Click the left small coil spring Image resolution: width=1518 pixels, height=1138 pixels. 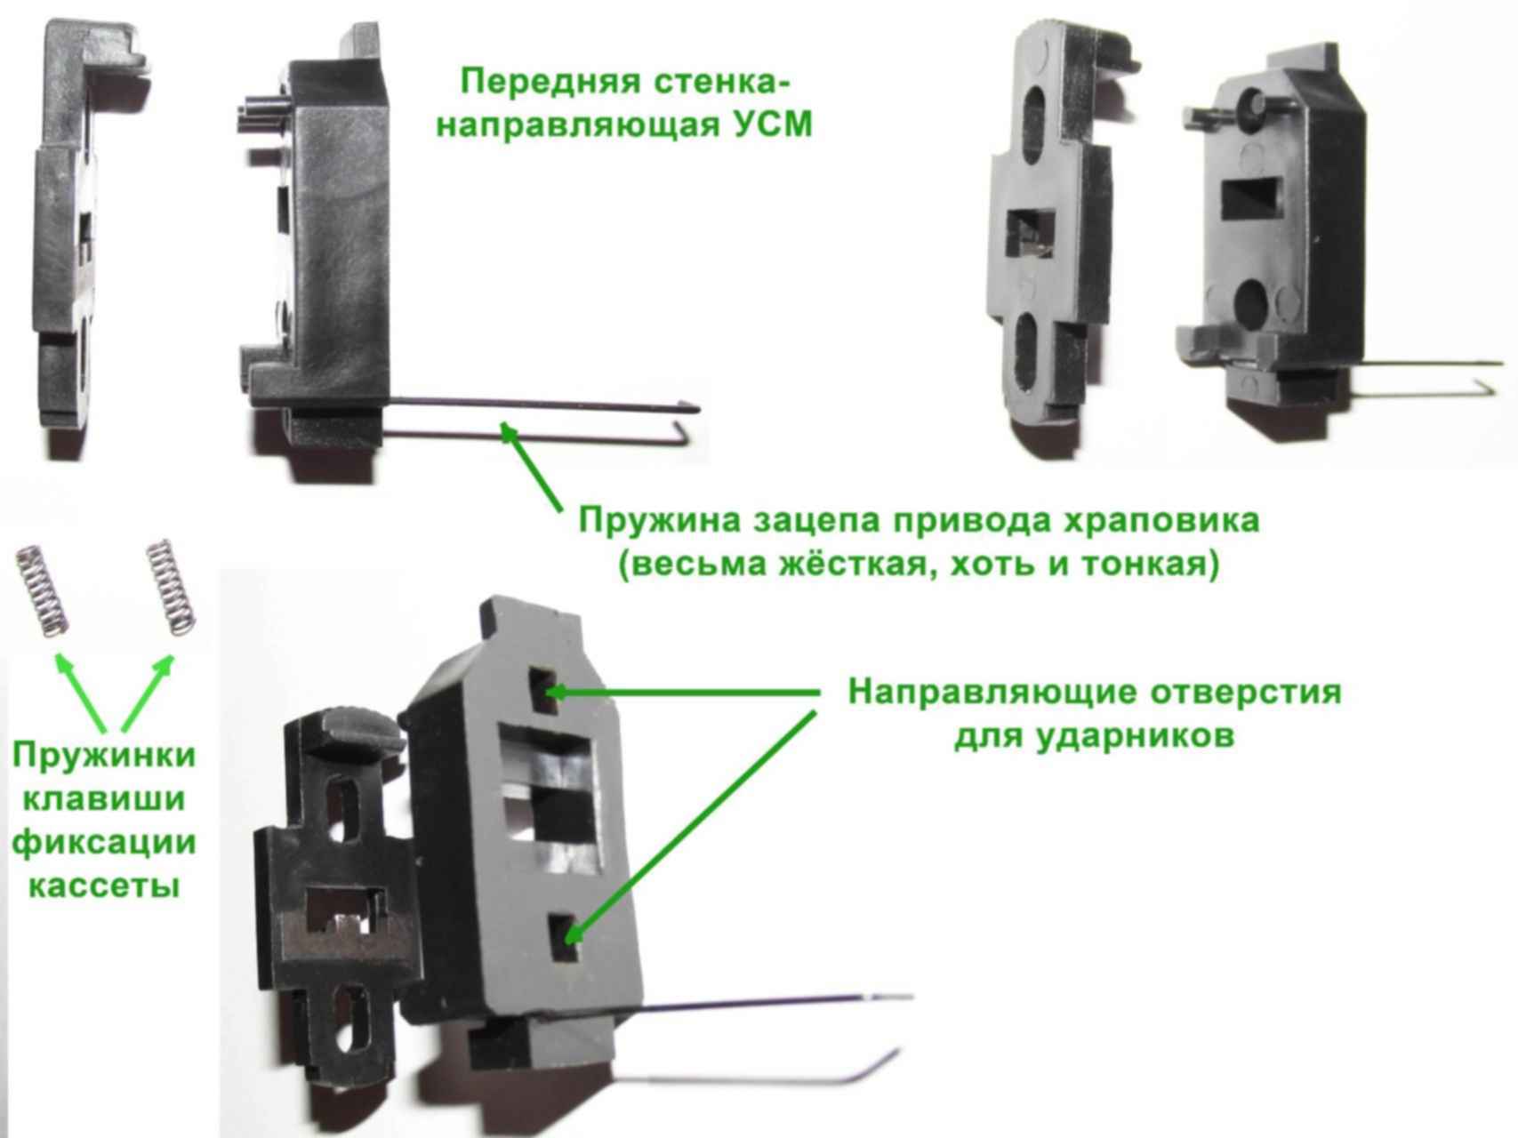click(x=41, y=590)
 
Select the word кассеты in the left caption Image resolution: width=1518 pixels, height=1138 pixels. click(x=104, y=886)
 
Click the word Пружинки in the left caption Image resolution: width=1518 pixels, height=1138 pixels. click(x=104, y=757)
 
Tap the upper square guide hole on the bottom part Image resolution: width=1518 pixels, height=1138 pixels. click(x=544, y=691)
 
